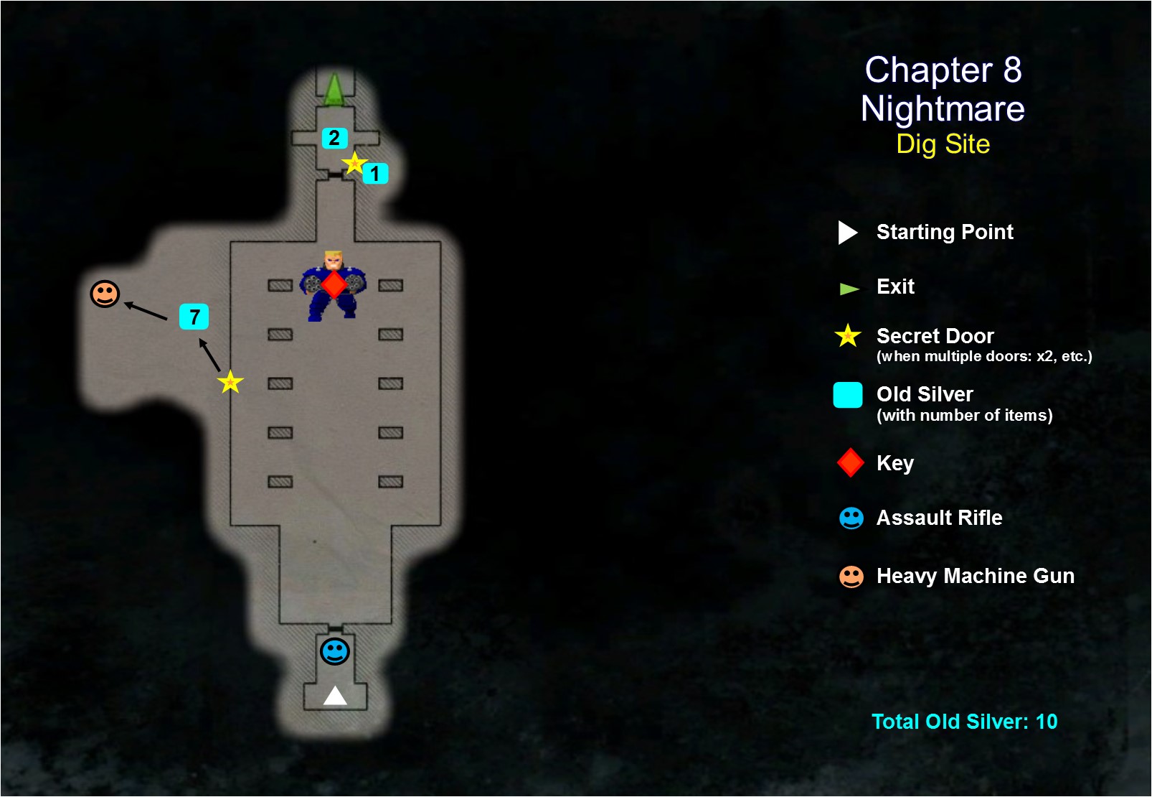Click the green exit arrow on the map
coord(334,90)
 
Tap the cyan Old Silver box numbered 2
coord(334,138)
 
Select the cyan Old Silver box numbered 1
coord(375,173)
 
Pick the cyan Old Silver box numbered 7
coord(194,317)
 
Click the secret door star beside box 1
coord(354,164)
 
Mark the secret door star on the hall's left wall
coord(230,382)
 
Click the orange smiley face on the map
coord(105,294)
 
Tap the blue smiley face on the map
coord(334,651)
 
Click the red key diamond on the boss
coord(334,285)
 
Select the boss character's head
coord(334,259)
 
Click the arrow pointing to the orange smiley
coord(146,312)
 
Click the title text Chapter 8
coord(943,70)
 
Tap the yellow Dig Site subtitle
coord(943,144)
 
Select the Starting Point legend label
coord(945,232)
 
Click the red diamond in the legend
coord(850,463)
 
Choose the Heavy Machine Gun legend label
coord(975,576)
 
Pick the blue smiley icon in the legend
coord(851,518)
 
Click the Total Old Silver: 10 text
coord(964,722)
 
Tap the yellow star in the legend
coord(848,335)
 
